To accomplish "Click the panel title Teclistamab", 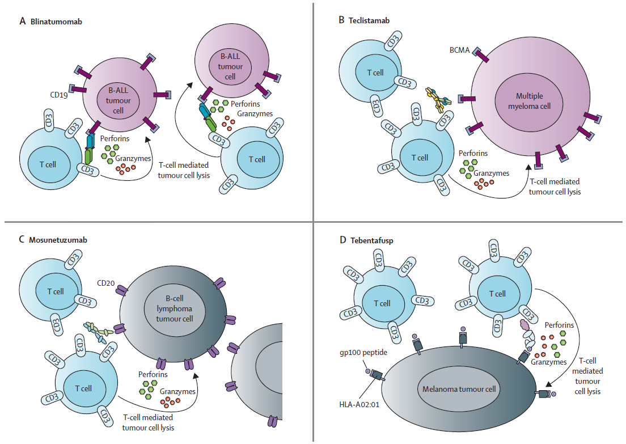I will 369,20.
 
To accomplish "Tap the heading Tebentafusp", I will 370,240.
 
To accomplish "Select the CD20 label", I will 106,282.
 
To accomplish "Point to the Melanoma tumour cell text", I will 459,389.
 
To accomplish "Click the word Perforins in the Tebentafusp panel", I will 558,325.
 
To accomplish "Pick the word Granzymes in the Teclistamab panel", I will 490,174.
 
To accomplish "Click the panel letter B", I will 341,20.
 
